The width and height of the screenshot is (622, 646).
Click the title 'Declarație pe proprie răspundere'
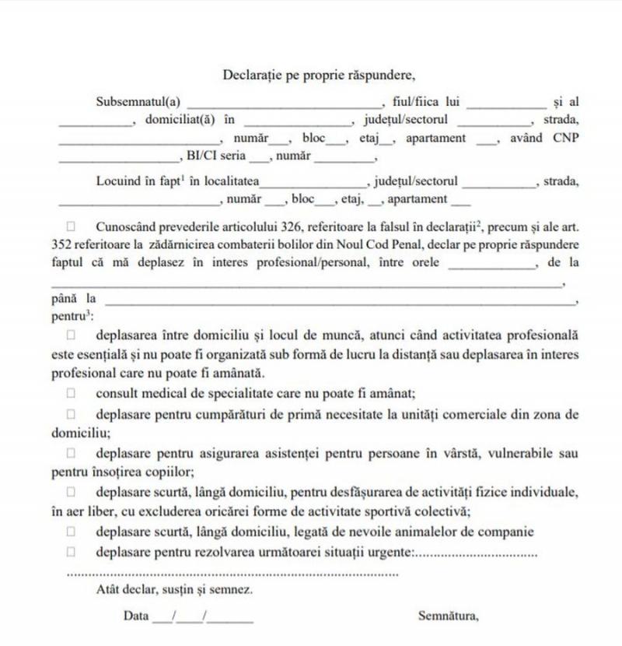[x=320, y=75]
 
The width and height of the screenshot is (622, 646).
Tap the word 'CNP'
[x=566, y=138]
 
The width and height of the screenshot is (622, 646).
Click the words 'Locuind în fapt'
[x=137, y=181]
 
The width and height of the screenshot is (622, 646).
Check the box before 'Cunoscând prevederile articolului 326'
[x=71, y=226]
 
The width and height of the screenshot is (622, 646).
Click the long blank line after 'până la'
[x=339, y=300]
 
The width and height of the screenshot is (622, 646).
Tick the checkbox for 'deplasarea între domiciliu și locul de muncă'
[x=71, y=335]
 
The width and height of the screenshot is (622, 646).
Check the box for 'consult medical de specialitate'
[x=71, y=393]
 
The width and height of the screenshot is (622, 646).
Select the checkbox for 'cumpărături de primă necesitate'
[x=71, y=414]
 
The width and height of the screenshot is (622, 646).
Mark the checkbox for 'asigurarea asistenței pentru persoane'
[x=71, y=452]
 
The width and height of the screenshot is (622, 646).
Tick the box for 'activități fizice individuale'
[x=71, y=492]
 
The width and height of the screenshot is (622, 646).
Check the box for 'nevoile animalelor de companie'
[x=71, y=532]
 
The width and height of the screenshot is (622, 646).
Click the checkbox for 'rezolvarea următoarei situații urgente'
[x=71, y=552]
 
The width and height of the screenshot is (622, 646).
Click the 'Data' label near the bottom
[x=135, y=616]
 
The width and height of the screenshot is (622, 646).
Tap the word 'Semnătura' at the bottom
[x=448, y=616]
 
